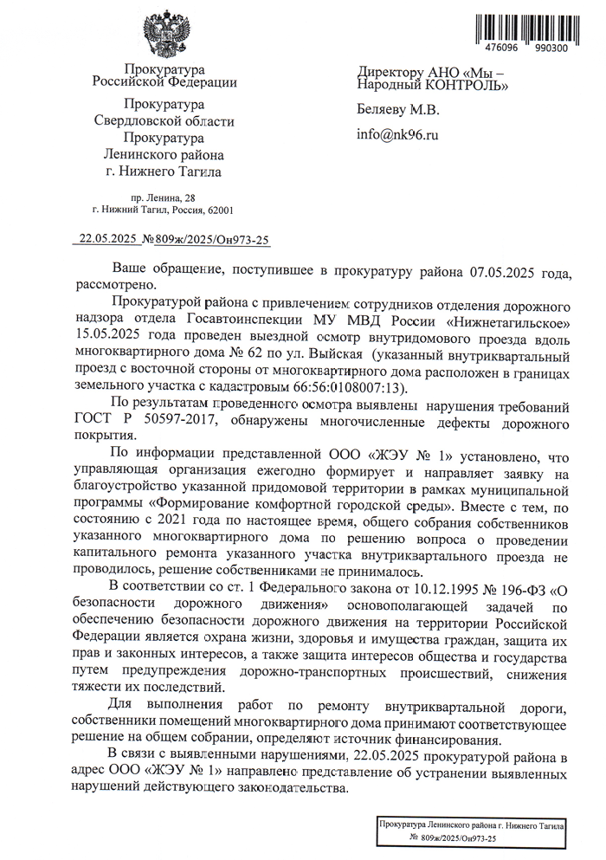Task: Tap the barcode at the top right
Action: [523, 27]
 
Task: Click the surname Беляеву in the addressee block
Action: [384, 110]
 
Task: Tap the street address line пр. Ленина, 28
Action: [162, 198]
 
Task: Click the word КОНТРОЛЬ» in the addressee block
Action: [465, 85]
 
